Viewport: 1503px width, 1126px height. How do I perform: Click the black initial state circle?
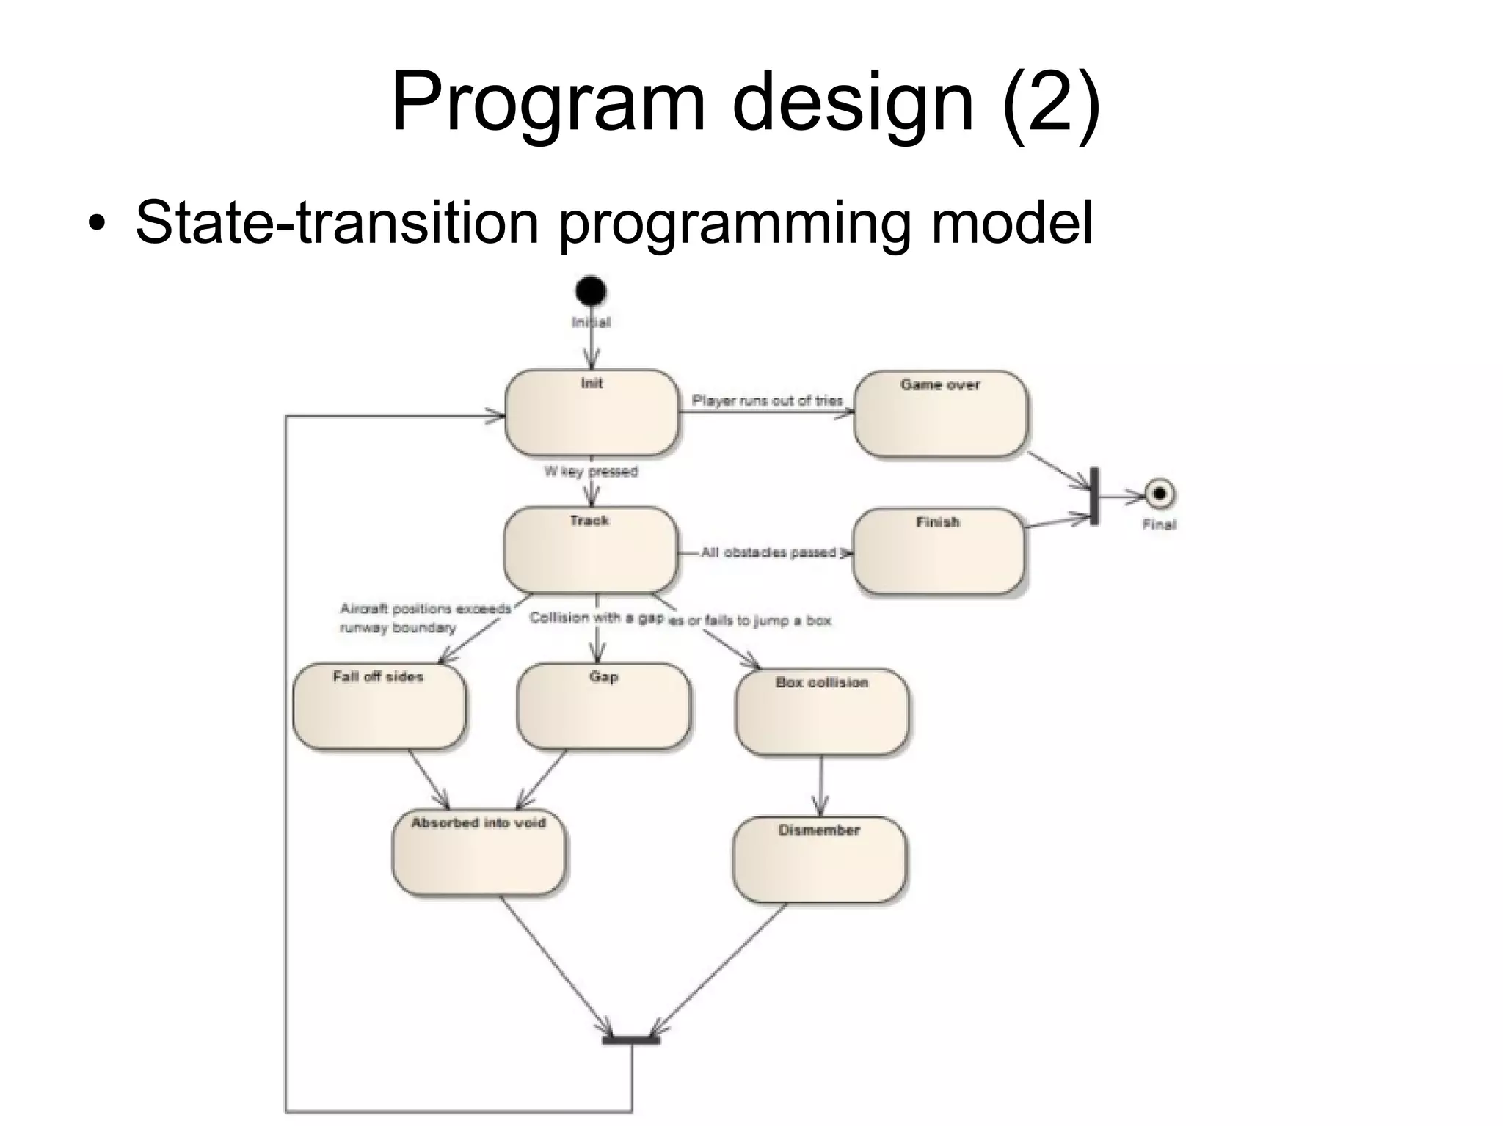click(591, 291)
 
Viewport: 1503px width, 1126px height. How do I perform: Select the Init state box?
click(591, 412)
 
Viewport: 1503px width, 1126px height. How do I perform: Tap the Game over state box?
click(941, 414)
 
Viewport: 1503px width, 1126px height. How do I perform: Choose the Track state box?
click(589, 549)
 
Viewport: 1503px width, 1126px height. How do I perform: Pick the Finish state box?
click(938, 552)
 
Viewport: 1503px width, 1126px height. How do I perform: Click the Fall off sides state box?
click(379, 706)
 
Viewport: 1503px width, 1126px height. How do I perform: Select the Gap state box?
click(603, 706)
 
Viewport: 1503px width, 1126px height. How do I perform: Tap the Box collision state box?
click(821, 711)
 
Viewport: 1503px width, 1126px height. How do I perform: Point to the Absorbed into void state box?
click(478, 852)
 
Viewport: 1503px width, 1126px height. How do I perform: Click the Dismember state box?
click(819, 859)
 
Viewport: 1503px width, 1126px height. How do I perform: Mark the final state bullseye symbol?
click(1160, 494)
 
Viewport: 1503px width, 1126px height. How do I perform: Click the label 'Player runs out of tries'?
click(767, 401)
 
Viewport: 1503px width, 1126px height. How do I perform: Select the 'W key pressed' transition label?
click(591, 471)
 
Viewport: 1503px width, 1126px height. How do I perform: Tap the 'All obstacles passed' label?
click(768, 552)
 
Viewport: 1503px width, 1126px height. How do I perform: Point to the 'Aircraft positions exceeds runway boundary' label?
click(424, 618)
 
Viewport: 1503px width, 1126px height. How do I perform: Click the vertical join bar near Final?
click(1094, 496)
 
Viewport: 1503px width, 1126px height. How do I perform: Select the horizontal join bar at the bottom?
click(631, 1039)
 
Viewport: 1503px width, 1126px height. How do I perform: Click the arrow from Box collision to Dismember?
click(820, 785)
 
